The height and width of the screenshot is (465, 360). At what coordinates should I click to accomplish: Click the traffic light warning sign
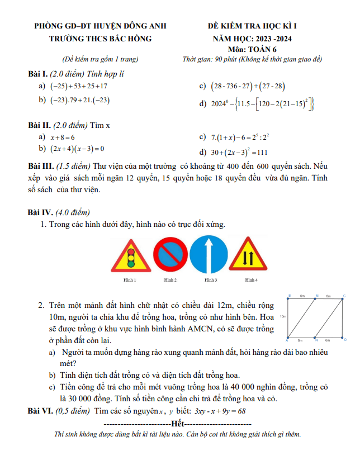tap(131, 257)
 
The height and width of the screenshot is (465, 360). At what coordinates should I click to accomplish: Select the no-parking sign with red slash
tap(170, 255)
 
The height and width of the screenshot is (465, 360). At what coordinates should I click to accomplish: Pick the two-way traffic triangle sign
tap(248, 257)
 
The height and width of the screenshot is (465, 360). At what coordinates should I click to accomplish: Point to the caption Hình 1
tap(130, 279)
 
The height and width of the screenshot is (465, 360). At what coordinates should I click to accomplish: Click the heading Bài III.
tap(41, 167)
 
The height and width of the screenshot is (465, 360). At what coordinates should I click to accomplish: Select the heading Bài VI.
tap(40, 411)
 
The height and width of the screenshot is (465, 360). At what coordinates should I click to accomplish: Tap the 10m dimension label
tap(283, 316)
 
